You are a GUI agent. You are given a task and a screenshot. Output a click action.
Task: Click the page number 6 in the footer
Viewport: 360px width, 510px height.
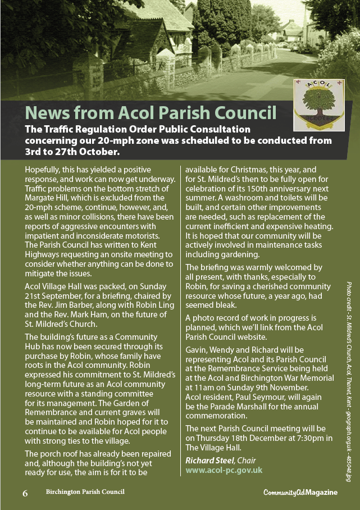pos(25,493)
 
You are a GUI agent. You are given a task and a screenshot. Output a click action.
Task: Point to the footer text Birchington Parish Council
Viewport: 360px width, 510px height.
pos(85,492)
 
